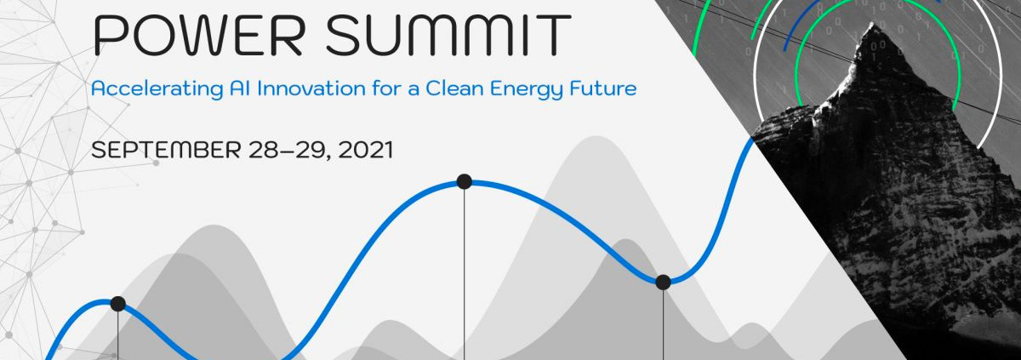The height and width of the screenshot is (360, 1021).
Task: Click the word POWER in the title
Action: [198, 36]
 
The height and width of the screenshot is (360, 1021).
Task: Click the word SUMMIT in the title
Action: [448, 36]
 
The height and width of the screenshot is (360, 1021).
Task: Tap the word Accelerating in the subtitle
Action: [157, 89]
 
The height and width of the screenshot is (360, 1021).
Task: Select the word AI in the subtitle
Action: [240, 88]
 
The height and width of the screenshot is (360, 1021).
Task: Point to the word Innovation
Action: [311, 88]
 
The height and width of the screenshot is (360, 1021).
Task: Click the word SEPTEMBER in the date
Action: [166, 150]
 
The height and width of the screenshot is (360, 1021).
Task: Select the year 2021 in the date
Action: [366, 150]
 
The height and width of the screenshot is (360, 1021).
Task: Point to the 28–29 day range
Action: [290, 151]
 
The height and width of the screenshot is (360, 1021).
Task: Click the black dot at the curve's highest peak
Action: [464, 181]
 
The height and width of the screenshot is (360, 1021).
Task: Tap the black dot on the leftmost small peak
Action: [117, 304]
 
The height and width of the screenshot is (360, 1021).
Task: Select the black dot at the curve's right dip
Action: [663, 282]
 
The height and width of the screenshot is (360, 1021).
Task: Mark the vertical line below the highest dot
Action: [465, 274]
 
